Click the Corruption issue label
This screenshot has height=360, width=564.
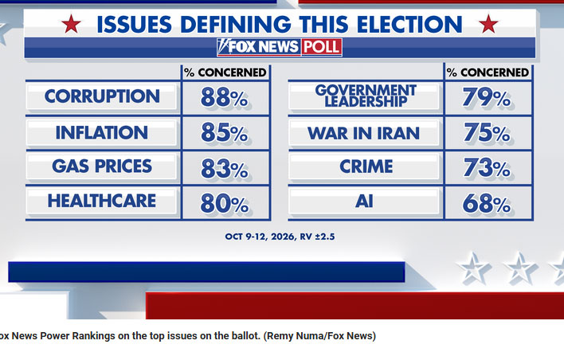tap(102, 96)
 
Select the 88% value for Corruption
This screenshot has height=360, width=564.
tap(225, 97)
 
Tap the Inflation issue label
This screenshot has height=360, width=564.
tap(102, 132)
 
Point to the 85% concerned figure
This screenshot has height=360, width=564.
tap(225, 132)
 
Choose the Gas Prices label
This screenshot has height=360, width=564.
tap(102, 166)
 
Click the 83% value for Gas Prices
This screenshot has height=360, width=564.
tap(225, 168)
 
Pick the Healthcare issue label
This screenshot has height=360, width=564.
tap(102, 201)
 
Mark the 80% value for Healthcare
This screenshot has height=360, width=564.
tap(225, 203)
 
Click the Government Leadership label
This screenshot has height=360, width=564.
tap(366, 96)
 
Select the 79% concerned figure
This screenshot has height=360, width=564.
tap(486, 97)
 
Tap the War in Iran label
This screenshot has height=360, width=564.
tap(363, 134)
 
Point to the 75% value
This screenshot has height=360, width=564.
tap(487, 132)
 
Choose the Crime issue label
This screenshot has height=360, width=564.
tap(366, 166)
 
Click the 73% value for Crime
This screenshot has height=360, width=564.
tap(487, 167)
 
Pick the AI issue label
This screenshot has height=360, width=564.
tap(364, 201)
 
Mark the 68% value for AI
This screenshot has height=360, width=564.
tap(486, 203)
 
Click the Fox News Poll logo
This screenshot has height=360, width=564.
tap(280, 47)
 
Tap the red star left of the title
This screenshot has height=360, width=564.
tap(71, 24)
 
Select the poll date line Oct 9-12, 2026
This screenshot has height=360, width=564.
tap(280, 237)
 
